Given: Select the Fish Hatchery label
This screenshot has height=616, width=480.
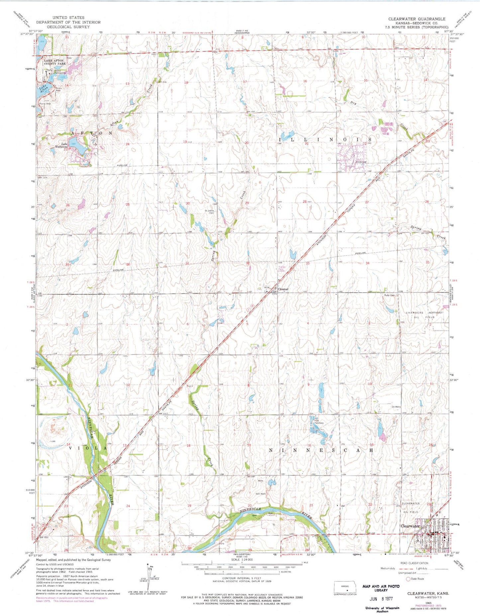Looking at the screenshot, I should tap(319, 422).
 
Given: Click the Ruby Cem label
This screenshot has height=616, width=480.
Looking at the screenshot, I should tap(389, 295).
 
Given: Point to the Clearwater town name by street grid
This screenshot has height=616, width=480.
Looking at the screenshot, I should tap(410, 526).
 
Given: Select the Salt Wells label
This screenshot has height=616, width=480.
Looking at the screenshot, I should tap(261, 494).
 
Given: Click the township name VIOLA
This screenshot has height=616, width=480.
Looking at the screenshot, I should tap(87, 448).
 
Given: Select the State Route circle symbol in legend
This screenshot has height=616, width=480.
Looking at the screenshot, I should tap(408, 579).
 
